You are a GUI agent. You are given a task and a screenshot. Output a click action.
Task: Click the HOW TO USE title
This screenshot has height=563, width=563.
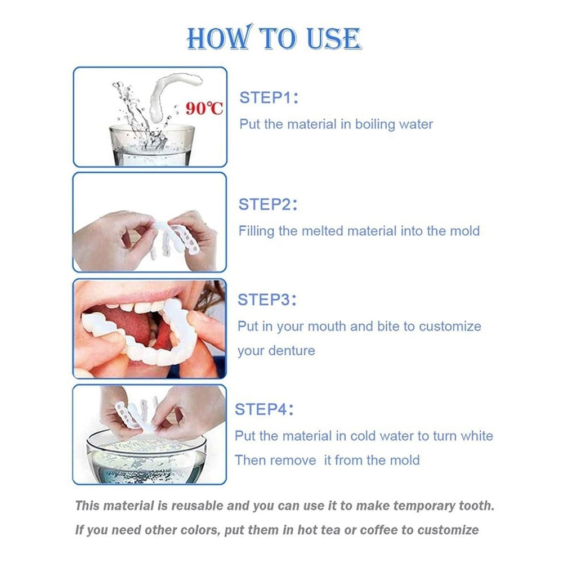(x=274, y=39)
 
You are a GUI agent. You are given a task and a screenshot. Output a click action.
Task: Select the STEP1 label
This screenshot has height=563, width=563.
(x=268, y=97)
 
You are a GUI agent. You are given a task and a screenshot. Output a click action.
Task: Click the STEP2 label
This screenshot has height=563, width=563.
(x=267, y=204)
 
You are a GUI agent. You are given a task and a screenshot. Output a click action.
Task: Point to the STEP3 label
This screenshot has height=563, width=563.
(x=267, y=300)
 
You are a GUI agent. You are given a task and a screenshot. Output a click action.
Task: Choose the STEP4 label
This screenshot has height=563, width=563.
(x=263, y=409)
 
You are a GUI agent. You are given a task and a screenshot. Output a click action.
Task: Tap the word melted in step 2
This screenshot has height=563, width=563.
(x=321, y=231)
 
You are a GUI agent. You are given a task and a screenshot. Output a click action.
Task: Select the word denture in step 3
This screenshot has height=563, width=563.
(x=292, y=351)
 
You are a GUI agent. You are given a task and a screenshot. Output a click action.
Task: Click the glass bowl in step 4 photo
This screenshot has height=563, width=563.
(x=146, y=456)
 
